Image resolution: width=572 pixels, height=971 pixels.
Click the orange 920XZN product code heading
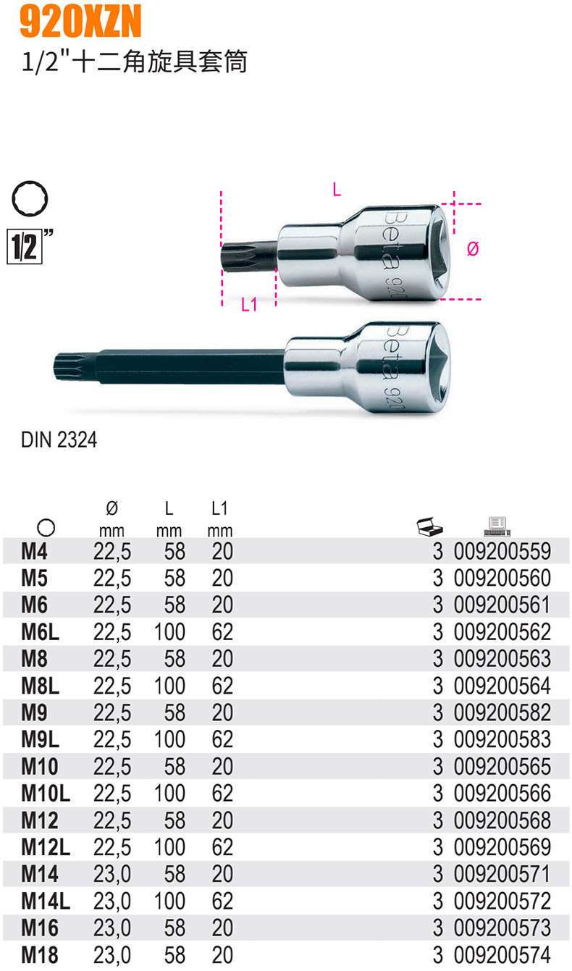[x=80, y=21]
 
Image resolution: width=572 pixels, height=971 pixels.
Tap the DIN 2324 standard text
[x=59, y=440]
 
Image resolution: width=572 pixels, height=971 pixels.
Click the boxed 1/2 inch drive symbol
[x=25, y=247]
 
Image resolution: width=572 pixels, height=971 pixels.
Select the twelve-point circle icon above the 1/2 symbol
[x=30, y=198]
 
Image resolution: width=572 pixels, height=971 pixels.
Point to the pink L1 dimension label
[x=249, y=304]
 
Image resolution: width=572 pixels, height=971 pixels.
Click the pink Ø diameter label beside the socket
[x=473, y=249]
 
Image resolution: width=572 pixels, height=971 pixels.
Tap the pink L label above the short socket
[x=337, y=189]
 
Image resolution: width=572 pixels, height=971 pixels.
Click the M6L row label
[x=41, y=632]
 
